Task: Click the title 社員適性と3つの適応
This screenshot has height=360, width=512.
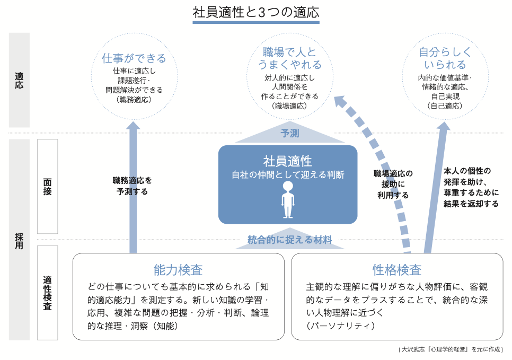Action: coord(256,12)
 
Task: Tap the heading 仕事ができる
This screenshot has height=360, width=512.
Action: coord(134,58)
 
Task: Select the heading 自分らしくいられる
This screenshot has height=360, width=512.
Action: coord(445,58)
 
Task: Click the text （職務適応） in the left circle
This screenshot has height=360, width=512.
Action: coord(134,100)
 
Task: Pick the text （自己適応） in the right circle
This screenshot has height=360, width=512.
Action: coord(445,106)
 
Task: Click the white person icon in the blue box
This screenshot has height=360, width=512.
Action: coord(288,200)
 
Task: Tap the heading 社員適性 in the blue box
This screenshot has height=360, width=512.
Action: coord(288,161)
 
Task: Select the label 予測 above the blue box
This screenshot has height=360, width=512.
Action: coord(289,133)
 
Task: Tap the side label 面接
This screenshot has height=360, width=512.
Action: coord(48,187)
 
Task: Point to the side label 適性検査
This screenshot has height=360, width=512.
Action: coord(48,292)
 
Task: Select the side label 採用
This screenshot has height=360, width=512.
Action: coord(19,240)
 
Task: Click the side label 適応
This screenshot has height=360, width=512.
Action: coord(19,80)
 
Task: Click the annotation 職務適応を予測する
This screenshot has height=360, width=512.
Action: coord(133,186)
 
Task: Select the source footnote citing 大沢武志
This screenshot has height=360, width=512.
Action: coord(451,349)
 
